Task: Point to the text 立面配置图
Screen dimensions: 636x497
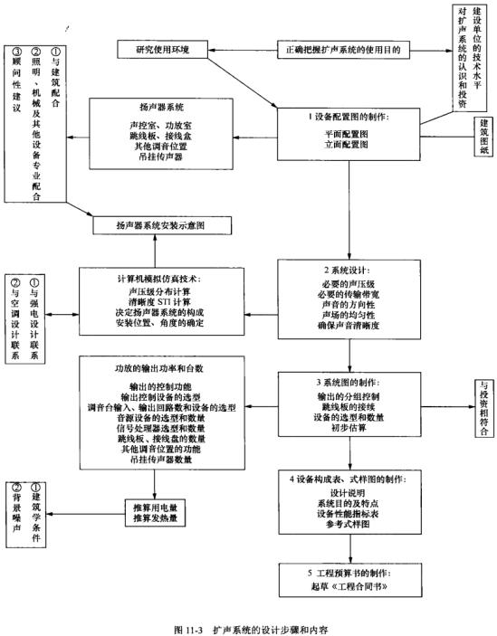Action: [346, 144]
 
